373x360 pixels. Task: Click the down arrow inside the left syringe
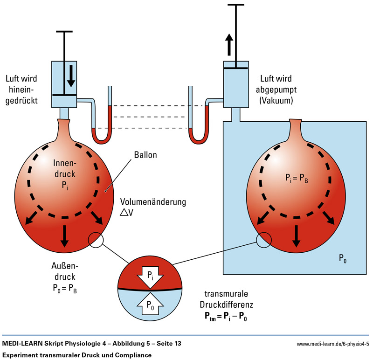pyautogui.click(x=71, y=77)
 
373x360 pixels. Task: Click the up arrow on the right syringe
pyautogui.click(x=229, y=45)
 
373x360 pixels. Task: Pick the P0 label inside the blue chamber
pyautogui.click(x=343, y=259)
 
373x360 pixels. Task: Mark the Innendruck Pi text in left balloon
pyautogui.click(x=64, y=172)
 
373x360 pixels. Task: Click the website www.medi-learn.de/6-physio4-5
pyautogui.click(x=332, y=345)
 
